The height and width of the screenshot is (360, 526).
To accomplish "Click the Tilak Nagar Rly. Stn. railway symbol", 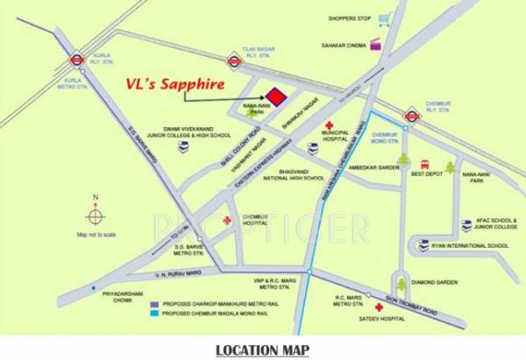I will pos(234,61).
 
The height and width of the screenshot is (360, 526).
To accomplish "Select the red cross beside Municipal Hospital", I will pos(331,126).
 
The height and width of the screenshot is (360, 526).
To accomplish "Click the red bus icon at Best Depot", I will pos(425,164).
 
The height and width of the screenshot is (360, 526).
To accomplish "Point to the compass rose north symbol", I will pos(96,215).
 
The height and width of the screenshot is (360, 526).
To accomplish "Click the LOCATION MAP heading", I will pos(262,350).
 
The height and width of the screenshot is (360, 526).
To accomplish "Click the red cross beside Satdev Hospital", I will pos(379,308).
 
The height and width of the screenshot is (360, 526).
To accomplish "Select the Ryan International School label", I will pos(468,246).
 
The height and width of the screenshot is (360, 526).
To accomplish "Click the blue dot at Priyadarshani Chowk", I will pos(93,286).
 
